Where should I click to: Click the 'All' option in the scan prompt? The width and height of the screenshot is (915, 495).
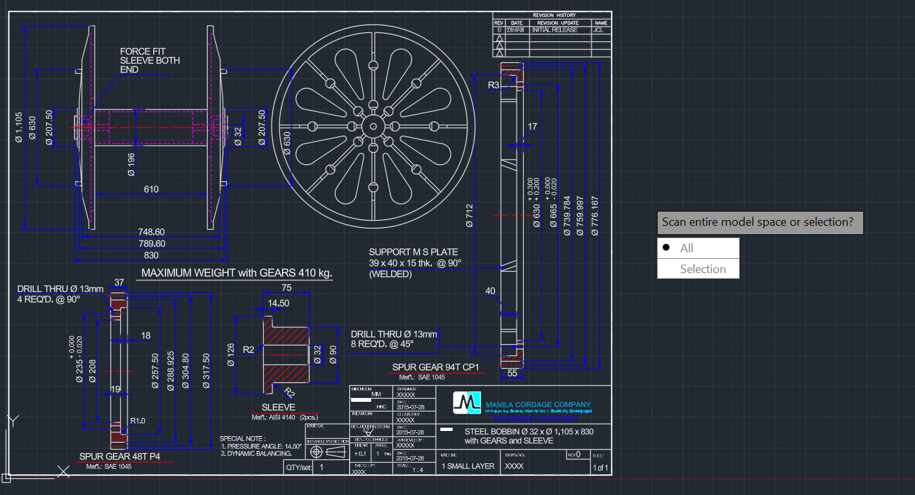686,248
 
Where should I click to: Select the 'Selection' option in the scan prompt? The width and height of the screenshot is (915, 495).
702,269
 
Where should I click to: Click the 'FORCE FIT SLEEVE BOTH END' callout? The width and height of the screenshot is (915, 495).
150,60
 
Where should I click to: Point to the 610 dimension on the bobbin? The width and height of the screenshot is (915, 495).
151,189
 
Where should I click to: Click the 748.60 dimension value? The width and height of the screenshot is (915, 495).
151,232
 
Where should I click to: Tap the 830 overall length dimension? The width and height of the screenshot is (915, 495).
151,255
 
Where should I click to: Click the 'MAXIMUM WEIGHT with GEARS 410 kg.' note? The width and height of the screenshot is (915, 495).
237,273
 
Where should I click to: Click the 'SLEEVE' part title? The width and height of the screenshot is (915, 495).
278,407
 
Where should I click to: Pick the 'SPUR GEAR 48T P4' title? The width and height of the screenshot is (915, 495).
120,456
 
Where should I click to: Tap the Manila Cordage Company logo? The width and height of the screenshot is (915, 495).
468,402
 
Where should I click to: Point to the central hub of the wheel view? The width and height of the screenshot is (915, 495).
373,126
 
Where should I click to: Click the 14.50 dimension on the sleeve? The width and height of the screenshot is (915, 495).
278,303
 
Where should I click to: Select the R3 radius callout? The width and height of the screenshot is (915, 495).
494,85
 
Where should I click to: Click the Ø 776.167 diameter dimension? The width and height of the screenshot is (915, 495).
596,215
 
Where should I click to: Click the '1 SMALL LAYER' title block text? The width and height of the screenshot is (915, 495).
468,466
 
